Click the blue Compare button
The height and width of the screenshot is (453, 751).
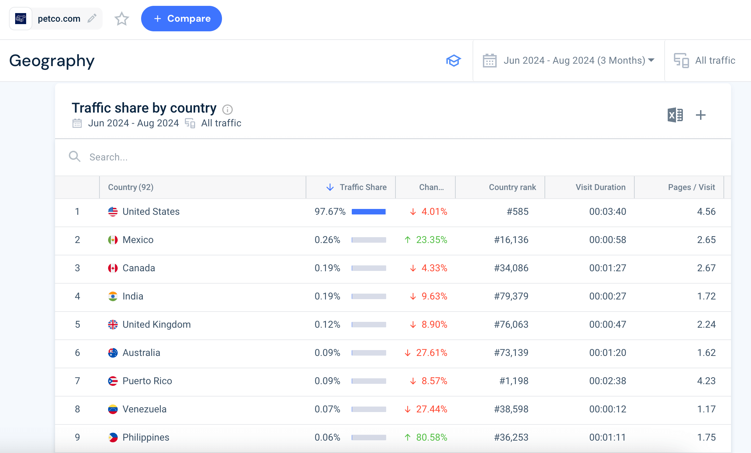(x=181, y=19)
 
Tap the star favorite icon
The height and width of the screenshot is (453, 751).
(x=121, y=19)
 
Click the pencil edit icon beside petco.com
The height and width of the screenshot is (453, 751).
(x=92, y=18)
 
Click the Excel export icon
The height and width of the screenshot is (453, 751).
(x=675, y=115)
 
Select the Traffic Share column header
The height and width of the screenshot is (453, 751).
(x=363, y=187)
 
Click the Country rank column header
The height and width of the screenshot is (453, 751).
(x=512, y=187)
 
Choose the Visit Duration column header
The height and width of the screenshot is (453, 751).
(x=600, y=187)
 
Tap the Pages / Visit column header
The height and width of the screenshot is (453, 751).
(x=691, y=187)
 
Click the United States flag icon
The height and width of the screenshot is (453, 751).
(x=113, y=212)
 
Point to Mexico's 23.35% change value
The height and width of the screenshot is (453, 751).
(x=431, y=240)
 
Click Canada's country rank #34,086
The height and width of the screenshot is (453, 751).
(x=511, y=268)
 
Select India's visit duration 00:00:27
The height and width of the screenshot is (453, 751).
(x=607, y=296)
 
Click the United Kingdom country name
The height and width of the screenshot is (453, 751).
(x=157, y=325)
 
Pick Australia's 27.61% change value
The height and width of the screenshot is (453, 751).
(x=431, y=353)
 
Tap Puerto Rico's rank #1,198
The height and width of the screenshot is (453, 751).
(x=514, y=381)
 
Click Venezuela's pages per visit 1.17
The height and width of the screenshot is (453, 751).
(x=706, y=409)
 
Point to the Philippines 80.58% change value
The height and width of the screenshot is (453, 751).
(x=431, y=438)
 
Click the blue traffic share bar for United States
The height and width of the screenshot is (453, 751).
(x=369, y=212)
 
